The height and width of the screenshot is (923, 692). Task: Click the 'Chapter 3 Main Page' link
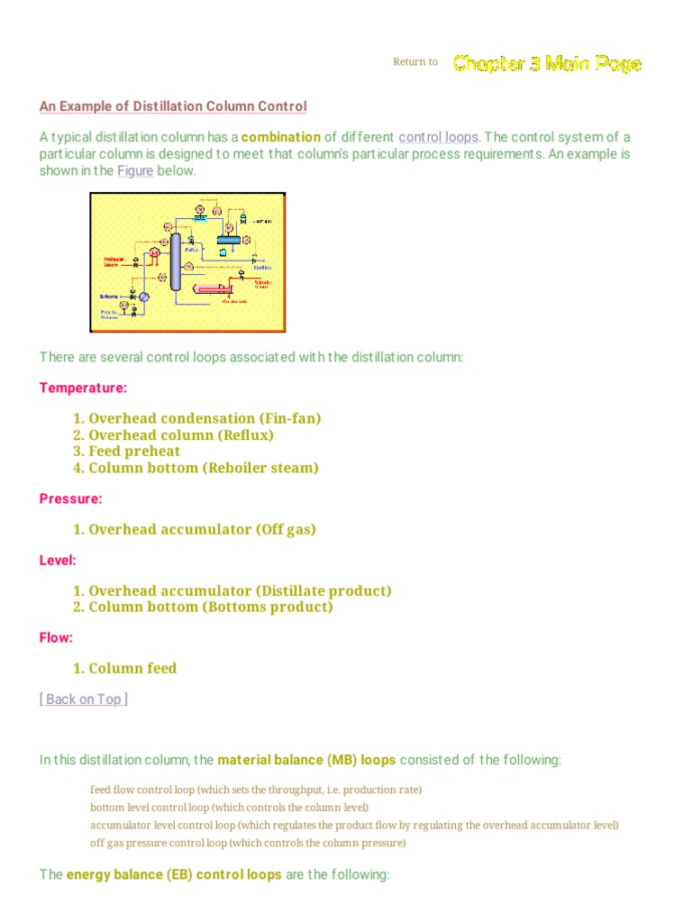point(547,63)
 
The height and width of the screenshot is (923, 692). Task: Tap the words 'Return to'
point(415,62)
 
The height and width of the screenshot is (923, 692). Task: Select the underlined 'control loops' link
point(439,137)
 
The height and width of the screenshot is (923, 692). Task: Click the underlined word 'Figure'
point(135,170)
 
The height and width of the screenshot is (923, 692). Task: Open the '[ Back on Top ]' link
point(84,699)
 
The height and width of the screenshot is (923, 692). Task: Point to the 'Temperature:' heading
point(83,388)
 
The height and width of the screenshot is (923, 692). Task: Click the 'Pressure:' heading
point(71,498)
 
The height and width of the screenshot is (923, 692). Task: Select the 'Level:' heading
point(58,560)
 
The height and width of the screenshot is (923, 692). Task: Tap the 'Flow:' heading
point(57,637)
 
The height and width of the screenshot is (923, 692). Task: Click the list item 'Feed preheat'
point(134,452)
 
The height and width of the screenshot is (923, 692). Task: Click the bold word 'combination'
point(281,137)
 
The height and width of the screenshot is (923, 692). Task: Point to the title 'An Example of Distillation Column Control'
point(173,106)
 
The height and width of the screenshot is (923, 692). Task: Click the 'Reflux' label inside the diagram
point(192,238)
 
